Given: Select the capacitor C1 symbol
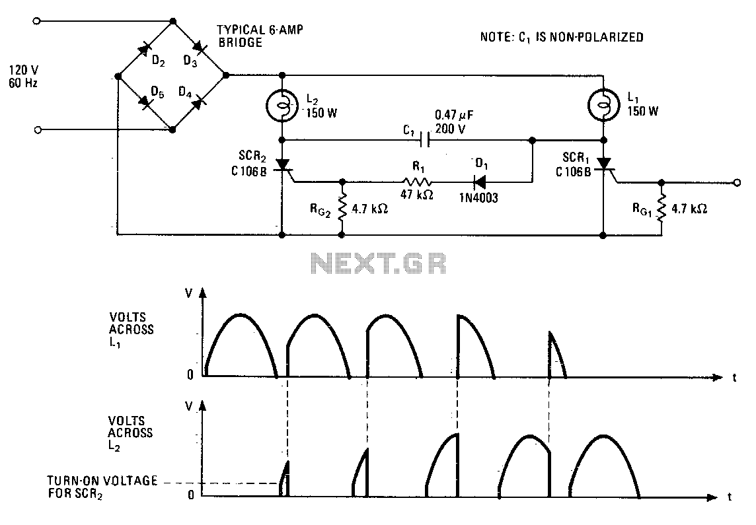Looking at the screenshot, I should click(425, 140).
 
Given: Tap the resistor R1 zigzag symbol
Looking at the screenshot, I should click(417, 182).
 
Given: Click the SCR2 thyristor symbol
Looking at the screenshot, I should click(283, 165).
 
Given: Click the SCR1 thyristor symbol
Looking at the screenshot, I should click(604, 165).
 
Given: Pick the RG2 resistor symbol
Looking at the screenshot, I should click(342, 207).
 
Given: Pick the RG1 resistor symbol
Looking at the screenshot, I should click(661, 207).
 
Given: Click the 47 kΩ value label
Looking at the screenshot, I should click(417, 196).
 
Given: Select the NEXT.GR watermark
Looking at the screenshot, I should click(379, 264).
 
